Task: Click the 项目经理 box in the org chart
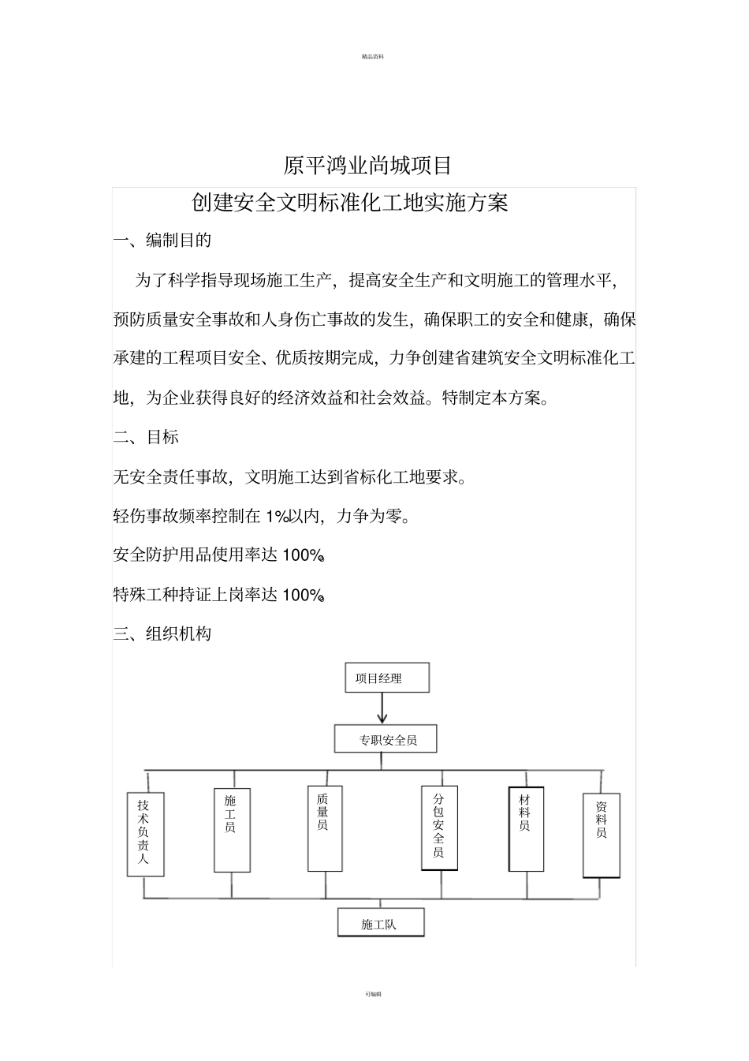tap(386, 678)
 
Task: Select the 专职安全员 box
tap(386, 740)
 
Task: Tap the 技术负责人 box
tap(145, 834)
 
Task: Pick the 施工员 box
tap(232, 829)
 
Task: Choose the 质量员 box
tap(324, 828)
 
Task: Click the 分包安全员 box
tap(439, 828)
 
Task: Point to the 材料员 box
tap(526, 828)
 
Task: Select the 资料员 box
tap(601, 835)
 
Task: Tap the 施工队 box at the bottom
tap(380, 923)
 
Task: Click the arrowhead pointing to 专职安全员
tap(382, 718)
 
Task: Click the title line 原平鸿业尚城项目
tap(367, 166)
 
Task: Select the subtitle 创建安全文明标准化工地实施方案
tap(350, 204)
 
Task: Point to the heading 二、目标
tap(146, 437)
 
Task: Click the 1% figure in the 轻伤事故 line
tap(275, 517)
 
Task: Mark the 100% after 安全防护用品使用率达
tap(304, 556)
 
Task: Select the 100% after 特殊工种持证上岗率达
tap(304, 596)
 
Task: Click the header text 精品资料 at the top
tap(373, 57)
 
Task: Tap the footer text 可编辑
tap(373, 994)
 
